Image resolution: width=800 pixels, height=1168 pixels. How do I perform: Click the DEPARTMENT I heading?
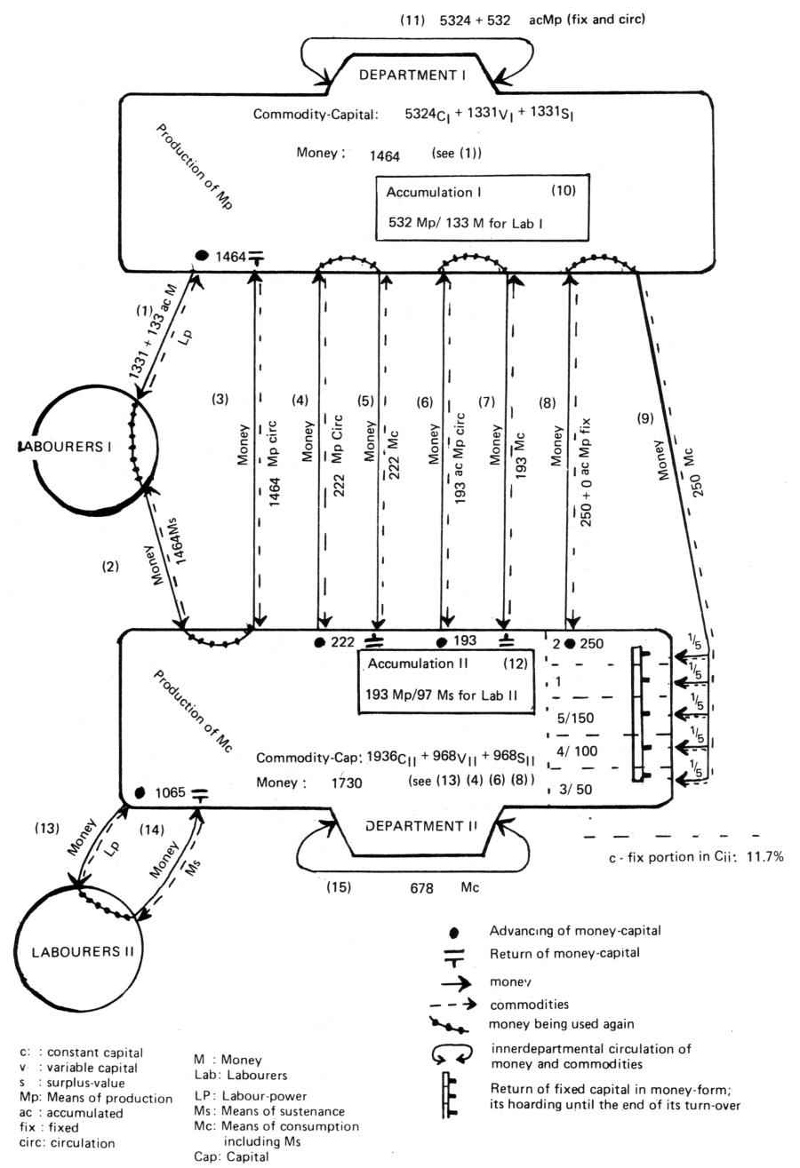point(412,75)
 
